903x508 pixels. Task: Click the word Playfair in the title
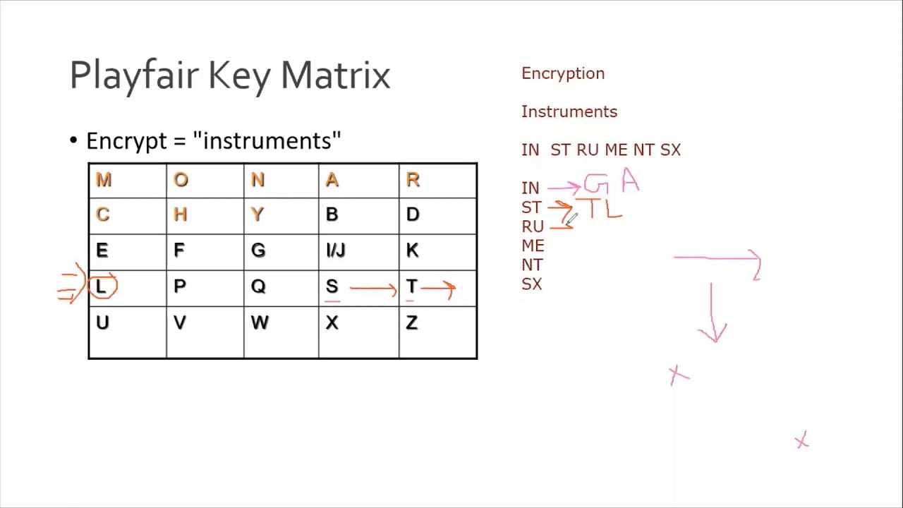pyautogui.click(x=134, y=75)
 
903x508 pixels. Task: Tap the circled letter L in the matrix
pyautogui.click(x=102, y=286)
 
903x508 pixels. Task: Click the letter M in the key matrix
pyautogui.click(x=104, y=180)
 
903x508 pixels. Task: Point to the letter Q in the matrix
pyautogui.click(x=258, y=286)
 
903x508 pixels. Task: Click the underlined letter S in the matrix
pyautogui.click(x=332, y=286)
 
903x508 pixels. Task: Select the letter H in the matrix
pyautogui.click(x=180, y=214)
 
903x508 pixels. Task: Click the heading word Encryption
pyautogui.click(x=562, y=73)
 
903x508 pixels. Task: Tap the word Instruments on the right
pyautogui.click(x=569, y=111)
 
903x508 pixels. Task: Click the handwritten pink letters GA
pyautogui.click(x=611, y=183)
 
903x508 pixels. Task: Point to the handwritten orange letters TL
pyautogui.click(x=603, y=209)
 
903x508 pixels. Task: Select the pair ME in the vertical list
pyautogui.click(x=533, y=246)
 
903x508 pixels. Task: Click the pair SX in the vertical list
pyautogui.click(x=531, y=284)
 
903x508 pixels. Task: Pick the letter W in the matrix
pyautogui.click(x=259, y=323)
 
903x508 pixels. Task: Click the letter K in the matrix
pyautogui.click(x=412, y=250)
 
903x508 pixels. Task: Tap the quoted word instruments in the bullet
pyautogui.click(x=267, y=140)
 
